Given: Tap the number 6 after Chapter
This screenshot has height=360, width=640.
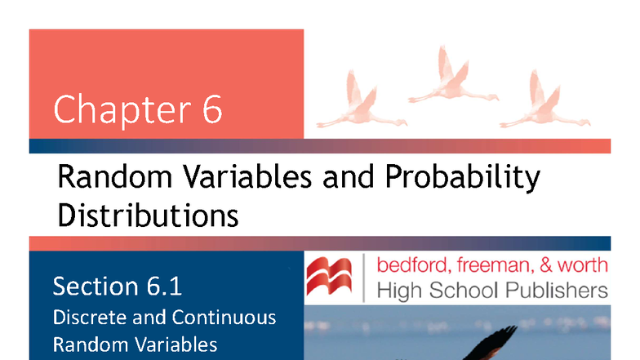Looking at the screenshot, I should [211, 109].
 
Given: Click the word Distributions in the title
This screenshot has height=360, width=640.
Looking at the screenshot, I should [148, 215].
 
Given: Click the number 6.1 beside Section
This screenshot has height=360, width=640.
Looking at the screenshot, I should [162, 287].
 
